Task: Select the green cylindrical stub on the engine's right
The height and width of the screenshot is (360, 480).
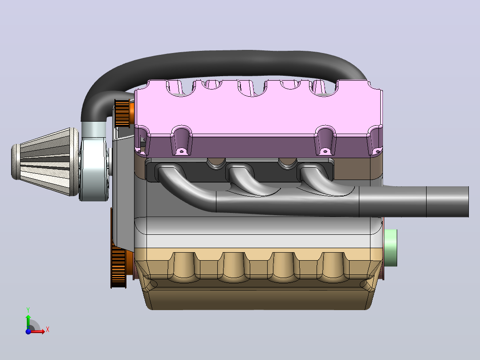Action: (x=391, y=248)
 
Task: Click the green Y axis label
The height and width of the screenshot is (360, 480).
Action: (x=28, y=310)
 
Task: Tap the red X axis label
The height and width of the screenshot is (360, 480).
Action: (x=48, y=330)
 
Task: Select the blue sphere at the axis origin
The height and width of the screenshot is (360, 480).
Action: (x=28, y=331)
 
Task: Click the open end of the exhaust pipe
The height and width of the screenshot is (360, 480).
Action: (x=468, y=201)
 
